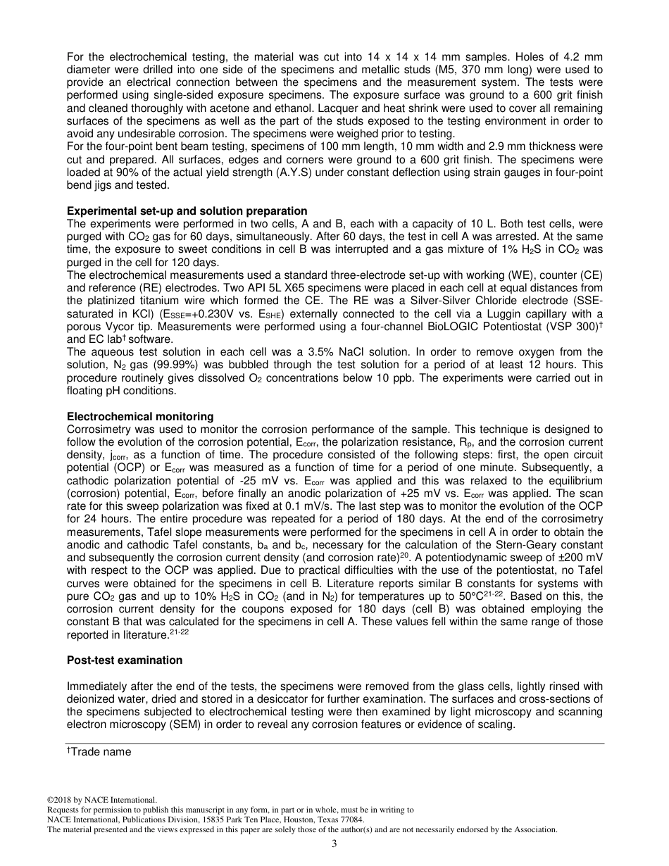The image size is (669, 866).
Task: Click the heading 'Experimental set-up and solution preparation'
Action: pos(187,211)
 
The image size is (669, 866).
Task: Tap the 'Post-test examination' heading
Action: pos(125,660)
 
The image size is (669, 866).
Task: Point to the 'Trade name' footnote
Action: pos(99,752)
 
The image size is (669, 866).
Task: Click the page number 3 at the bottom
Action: pos(334,844)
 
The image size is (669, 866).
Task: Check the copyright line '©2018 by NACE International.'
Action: pos(101,800)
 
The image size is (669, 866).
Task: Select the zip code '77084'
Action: pos(353,820)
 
